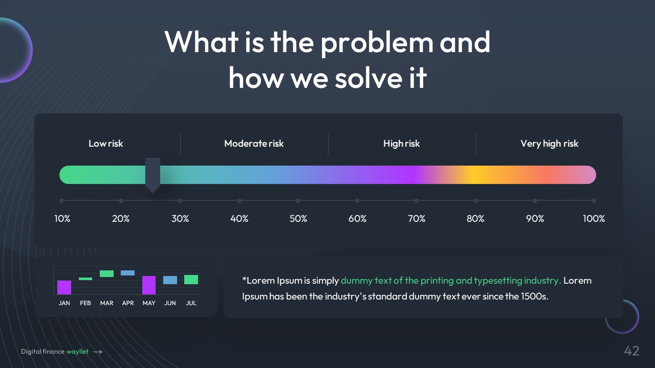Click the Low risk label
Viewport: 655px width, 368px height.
[x=105, y=144]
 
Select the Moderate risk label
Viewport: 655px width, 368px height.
[x=254, y=144]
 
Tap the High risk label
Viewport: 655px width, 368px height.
[x=402, y=144]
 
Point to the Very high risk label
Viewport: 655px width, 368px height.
[x=550, y=144]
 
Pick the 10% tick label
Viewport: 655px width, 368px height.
[x=62, y=218]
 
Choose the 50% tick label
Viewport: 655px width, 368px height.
[x=298, y=218]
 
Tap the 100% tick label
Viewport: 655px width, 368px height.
[x=594, y=218]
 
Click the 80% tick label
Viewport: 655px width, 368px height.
[x=475, y=218]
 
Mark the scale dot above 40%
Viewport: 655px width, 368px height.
[x=239, y=201]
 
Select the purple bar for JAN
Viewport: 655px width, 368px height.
[x=64, y=287]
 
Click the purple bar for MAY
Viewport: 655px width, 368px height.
[x=149, y=285]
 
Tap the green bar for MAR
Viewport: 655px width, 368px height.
[x=106, y=273]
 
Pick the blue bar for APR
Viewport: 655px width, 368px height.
[x=128, y=273]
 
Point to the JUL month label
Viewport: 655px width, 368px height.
[x=191, y=303]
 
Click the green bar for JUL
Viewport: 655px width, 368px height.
[x=191, y=280]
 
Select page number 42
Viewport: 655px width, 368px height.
[x=631, y=351]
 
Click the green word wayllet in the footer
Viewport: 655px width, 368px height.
[x=77, y=352]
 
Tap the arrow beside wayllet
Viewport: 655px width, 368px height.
[x=98, y=352]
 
